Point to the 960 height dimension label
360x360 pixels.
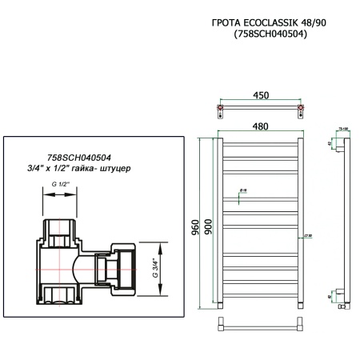tap(194, 226)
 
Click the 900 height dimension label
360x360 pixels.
tap(209, 226)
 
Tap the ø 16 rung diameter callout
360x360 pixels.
tap(243, 190)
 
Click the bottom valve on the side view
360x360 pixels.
tap(342, 305)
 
